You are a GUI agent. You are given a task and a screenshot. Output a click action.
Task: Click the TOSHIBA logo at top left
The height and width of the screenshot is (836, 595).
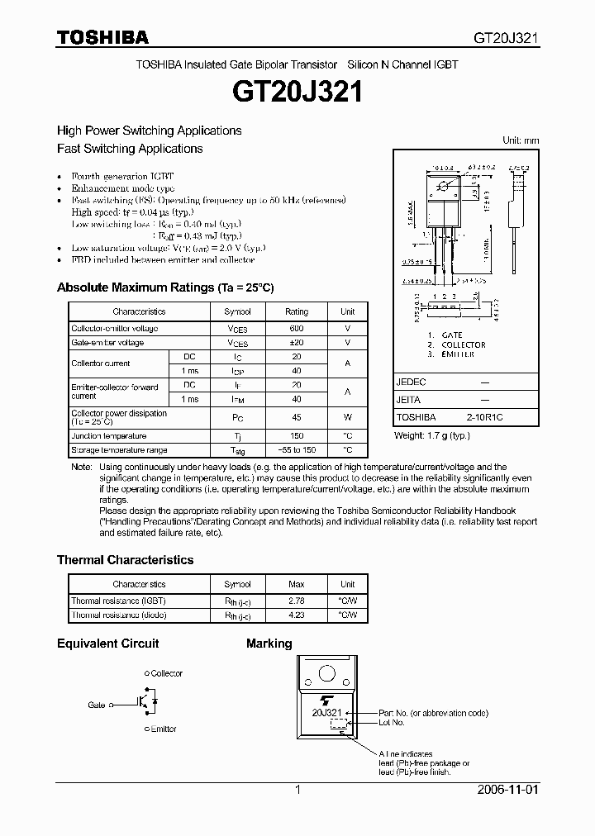coord(102,37)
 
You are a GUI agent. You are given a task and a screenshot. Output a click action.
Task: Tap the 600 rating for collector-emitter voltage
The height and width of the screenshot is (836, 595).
coord(296,328)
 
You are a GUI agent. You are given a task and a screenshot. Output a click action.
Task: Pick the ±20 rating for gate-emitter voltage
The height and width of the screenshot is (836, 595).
coord(296,342)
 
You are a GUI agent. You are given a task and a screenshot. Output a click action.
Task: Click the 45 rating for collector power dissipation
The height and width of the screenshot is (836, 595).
coord(296,417)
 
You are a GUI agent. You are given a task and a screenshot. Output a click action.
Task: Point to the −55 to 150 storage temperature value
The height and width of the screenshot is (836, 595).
coord(296,450)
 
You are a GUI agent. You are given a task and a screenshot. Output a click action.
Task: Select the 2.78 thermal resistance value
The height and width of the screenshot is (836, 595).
coord(296,601)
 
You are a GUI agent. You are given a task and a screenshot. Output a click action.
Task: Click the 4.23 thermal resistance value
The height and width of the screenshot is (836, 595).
coord(296,615)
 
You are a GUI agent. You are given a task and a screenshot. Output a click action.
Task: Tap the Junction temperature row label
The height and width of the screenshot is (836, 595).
coord(108,436)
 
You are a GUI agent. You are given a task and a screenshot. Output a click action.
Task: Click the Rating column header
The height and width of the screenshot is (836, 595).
coord(296,311)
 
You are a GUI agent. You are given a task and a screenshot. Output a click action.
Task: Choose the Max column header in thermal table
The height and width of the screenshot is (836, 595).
coord(296,584)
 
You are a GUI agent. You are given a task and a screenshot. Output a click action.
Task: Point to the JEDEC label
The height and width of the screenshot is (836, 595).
coord(412,382)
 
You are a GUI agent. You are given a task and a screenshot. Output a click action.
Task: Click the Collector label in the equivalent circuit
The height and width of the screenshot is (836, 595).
coord(166,674)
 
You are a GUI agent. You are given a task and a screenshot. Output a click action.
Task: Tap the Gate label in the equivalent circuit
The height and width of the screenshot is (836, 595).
coord(97,705)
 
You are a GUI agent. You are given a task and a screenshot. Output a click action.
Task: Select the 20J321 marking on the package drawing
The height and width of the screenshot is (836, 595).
coord(327,712)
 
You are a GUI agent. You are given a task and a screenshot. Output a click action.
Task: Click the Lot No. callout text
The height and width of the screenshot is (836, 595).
coord(391,722)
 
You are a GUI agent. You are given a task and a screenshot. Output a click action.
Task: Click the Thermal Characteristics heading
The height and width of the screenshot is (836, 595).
coord(125,560)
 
